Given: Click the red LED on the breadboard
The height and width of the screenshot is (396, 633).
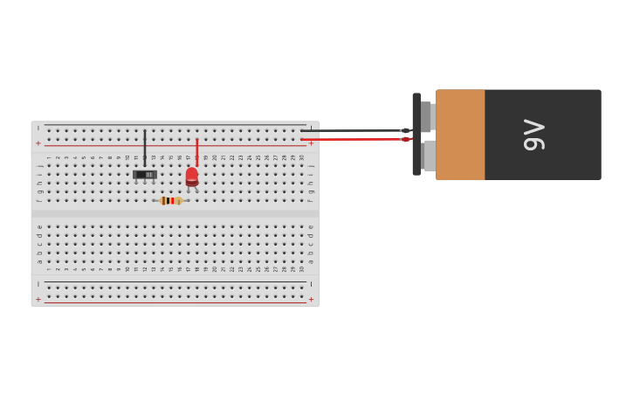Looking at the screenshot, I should tap(192, 176).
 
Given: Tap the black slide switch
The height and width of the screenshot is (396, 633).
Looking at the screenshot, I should tap(145, 175).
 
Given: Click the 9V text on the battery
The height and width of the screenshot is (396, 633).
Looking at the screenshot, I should tap(533, 135).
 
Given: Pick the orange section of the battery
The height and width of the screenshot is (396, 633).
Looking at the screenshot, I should tap(460, 135).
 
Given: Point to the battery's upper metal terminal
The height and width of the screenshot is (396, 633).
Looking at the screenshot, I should tap(427, 116).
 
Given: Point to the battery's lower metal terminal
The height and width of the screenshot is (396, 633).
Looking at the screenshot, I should tap(427, 155).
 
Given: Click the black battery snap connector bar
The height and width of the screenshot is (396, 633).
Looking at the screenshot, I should tap(416, 135).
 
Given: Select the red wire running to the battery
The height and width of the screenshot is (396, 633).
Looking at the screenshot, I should tap(349, 139).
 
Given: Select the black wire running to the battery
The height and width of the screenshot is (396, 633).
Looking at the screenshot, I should tap(349, 130).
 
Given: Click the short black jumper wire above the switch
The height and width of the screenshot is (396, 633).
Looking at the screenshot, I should tap(145, 147).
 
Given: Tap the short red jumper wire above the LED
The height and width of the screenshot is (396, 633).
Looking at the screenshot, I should tap(196, 151).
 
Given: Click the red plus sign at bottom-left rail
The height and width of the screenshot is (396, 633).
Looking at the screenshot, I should tap(38, 299).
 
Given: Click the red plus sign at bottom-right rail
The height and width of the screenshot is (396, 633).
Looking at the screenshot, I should tap(311, 299).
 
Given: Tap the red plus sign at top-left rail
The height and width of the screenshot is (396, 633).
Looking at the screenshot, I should tap(38, 142).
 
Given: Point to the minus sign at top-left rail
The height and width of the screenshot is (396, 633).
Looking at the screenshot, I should tap(38, 129).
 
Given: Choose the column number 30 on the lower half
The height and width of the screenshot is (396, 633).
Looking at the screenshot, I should tap(301, 269).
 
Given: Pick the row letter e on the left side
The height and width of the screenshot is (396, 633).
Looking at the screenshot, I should tap(39, 226).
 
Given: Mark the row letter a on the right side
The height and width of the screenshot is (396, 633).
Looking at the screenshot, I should tap(310, 261).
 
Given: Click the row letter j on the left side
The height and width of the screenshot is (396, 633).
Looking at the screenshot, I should tap(39, 165).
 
